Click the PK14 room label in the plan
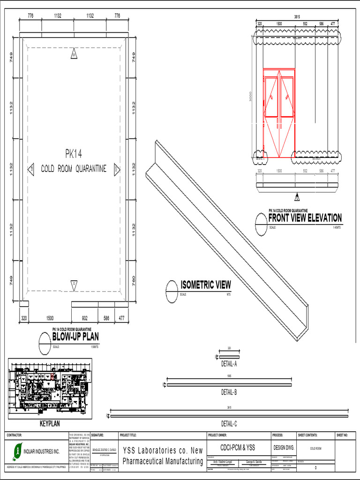pos(74,153)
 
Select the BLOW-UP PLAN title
pos(75,337)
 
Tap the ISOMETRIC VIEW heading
pos(206,285)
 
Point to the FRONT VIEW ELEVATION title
pos(305,218)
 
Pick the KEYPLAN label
pos(50,423)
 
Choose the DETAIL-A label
pos(229,364)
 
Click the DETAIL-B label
pos(229,392)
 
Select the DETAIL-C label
pos(229,424)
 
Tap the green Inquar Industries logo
pos(18,451)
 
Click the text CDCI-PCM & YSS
pos(238,447)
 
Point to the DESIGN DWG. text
pos(283,448)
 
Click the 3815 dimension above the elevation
pos(297,17)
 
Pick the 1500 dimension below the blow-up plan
pos(50,318)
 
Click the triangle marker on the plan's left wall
pos(31,169)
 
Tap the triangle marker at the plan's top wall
pos(74,55)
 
